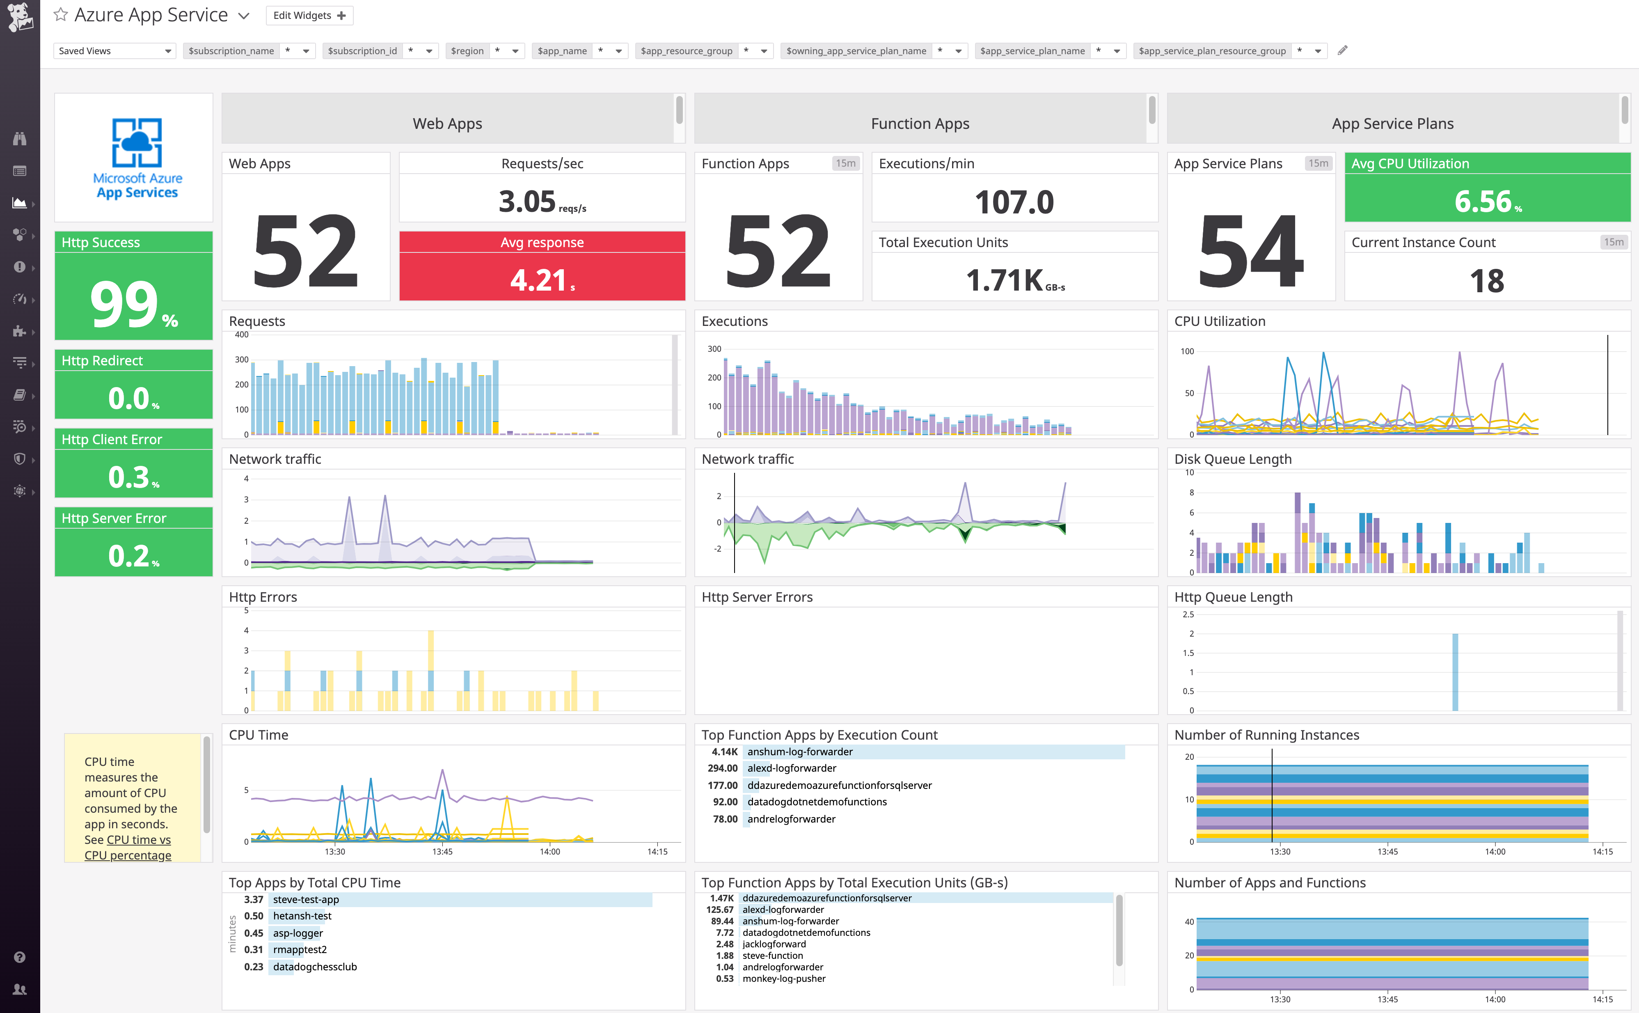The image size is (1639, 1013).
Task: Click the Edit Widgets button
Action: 309,16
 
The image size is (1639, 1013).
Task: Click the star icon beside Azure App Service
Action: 60,15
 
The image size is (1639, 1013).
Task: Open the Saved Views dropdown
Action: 114,51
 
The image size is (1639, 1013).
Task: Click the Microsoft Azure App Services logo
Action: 137,158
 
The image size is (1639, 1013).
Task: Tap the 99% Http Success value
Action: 133,304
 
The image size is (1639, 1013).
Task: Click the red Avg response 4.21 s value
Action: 541,280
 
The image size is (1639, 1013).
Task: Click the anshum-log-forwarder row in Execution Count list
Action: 800,752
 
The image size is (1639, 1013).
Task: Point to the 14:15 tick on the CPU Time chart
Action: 657,852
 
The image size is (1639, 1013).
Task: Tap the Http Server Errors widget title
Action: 756,597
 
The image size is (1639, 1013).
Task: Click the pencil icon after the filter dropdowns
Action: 1342,50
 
